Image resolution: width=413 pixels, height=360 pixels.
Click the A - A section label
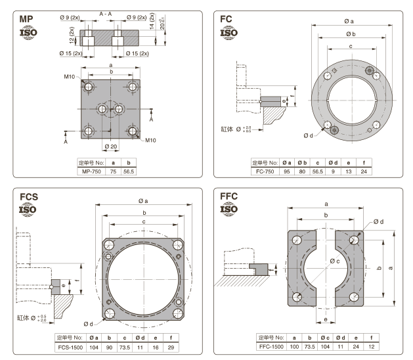tap(106, 14)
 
